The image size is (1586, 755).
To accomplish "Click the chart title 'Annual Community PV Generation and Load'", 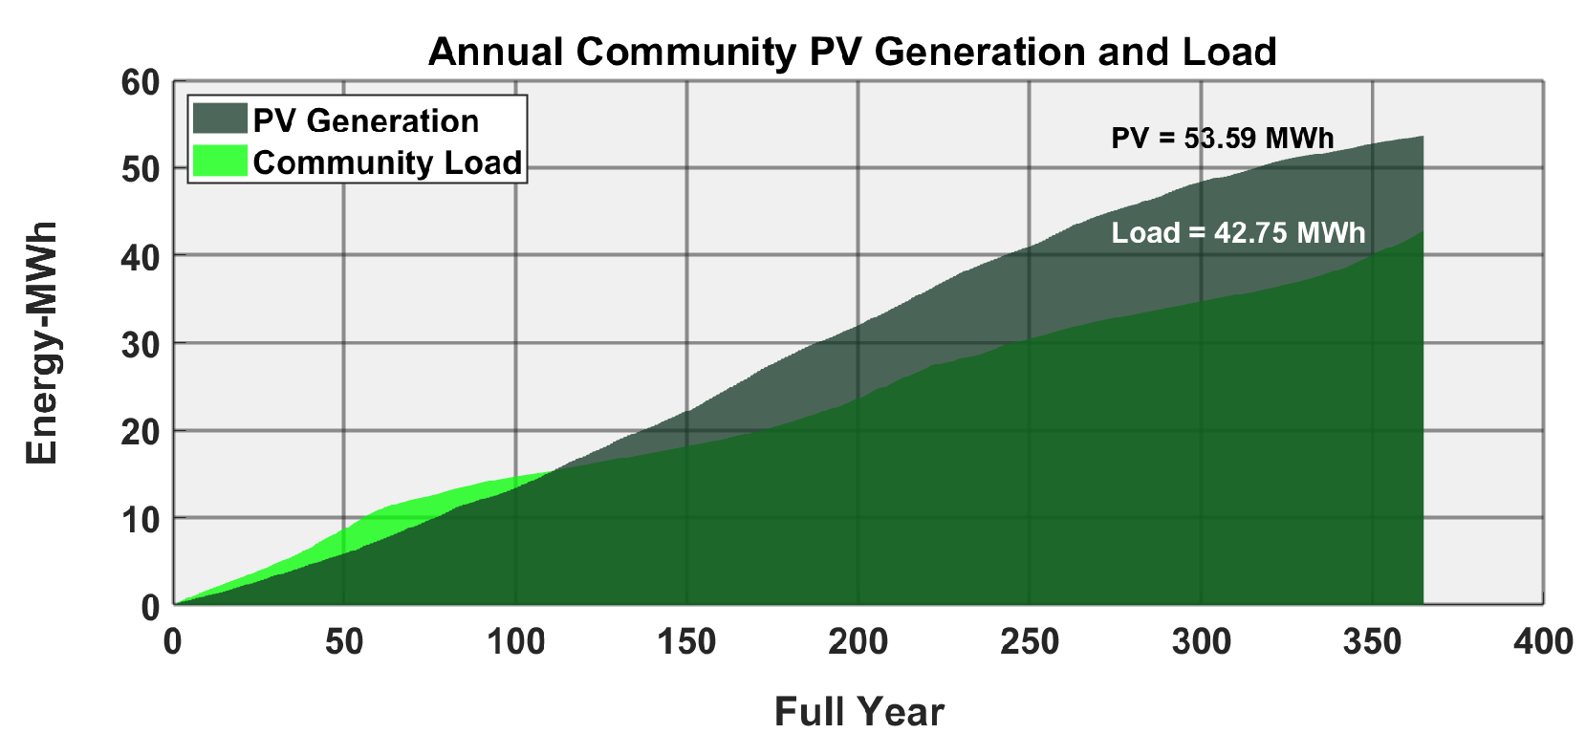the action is pos(853,52).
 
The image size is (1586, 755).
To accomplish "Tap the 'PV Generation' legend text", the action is pos(366,121).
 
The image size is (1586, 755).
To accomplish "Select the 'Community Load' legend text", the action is pos(387,162).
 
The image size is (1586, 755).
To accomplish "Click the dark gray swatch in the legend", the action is pos(220,119).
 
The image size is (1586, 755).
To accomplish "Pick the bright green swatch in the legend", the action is pos(220,161).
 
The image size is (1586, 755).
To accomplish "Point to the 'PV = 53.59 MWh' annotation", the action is pos(1222,138).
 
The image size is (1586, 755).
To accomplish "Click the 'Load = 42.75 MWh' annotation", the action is pos(1238,233).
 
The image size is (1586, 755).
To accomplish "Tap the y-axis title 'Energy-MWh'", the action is pos(41,343).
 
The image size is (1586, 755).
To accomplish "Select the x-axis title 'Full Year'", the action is pos(858,712).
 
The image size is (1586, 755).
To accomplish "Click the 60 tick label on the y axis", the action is pos(141,83).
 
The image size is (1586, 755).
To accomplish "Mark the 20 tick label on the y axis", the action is pos(141,433).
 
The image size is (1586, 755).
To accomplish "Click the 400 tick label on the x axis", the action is pos(1544,642).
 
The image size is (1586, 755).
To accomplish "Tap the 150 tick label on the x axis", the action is pos(686,642).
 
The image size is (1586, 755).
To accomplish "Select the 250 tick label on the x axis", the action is pos(1030,642).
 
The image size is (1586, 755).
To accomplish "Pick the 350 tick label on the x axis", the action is pos(1372,642).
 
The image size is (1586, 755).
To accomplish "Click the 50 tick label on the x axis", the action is pos(344,642).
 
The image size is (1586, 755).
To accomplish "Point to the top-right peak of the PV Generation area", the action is pos(1423,137).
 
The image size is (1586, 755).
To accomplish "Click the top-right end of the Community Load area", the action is pos(1423,231).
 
